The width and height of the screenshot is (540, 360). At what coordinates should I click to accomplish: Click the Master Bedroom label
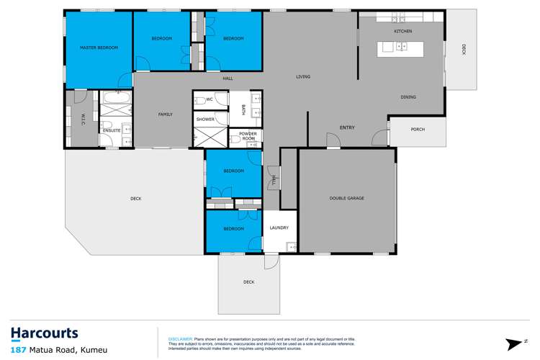(x=98, y=48)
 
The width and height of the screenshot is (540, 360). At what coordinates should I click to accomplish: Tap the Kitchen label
(x=402, y=32)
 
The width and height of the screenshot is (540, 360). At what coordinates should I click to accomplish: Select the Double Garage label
(x=346, y=198)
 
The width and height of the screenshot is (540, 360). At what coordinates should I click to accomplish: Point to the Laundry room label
(x=279, y=228)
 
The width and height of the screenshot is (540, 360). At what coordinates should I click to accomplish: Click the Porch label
(x=418, y=130)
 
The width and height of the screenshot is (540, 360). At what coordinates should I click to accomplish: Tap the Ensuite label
(x=111, y=130)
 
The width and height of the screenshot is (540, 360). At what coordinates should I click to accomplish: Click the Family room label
(x=166, y=114)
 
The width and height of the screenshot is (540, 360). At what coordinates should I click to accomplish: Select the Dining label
(x=408, y=97)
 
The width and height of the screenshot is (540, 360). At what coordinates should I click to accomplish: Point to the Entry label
(x=347, y=128)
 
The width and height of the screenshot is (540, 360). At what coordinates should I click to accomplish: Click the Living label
(x=303, y=76)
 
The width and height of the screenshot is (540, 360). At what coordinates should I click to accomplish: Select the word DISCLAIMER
(x=181, y=338)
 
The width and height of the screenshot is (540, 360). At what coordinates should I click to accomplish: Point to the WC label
(x=209, y=99)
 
